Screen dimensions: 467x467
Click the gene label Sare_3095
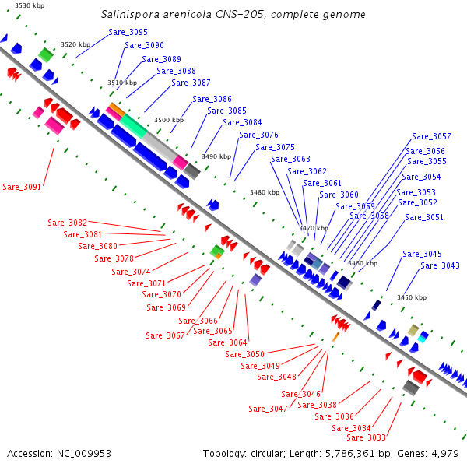coord(128,32)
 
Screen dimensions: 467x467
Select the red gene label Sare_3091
coord(22,187)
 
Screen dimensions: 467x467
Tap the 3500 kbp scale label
coord(169,120)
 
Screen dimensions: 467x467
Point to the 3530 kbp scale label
coord(30,5)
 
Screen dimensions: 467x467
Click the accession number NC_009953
coord(84,454)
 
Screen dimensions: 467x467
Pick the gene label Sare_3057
coord(431,136)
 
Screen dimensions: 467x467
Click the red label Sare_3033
coord(366,437)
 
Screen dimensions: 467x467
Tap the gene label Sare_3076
coord(258,135)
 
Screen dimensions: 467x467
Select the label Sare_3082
coord(67,223)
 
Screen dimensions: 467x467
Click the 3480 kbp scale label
coord(265,192)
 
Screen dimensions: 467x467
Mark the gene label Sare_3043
coord(440,265)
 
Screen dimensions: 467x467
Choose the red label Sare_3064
coord(227,342)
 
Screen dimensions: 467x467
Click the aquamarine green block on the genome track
coord(133,126)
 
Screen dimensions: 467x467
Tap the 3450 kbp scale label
coord(412,297)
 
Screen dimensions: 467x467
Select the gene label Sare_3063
coord(290,159)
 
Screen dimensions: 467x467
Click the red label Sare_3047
coord(268,409)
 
